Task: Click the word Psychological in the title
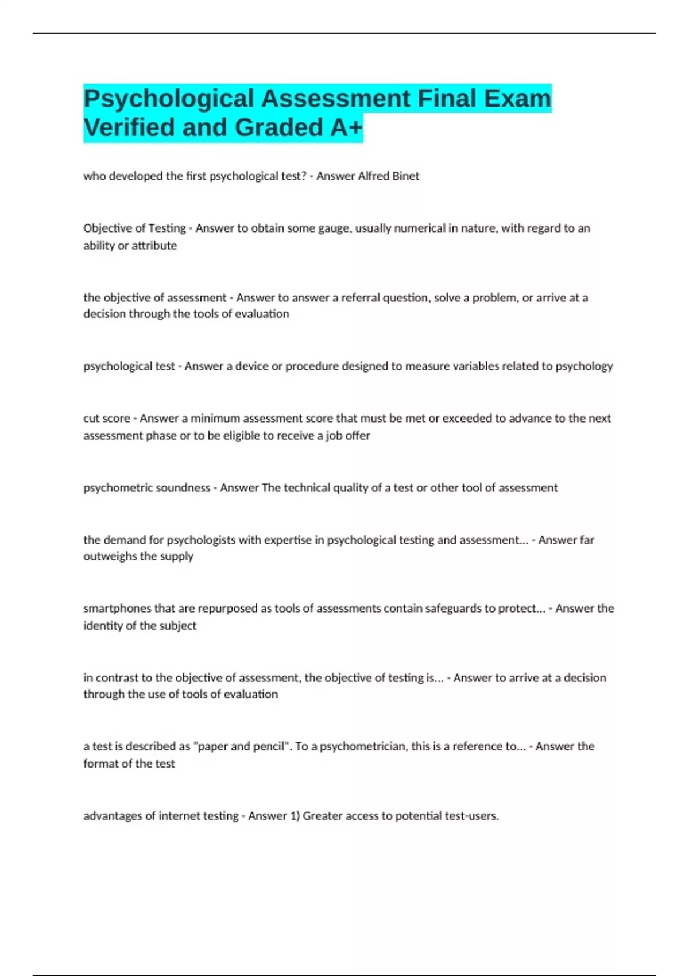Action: [169, 99]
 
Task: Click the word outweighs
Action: [110, 556]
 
